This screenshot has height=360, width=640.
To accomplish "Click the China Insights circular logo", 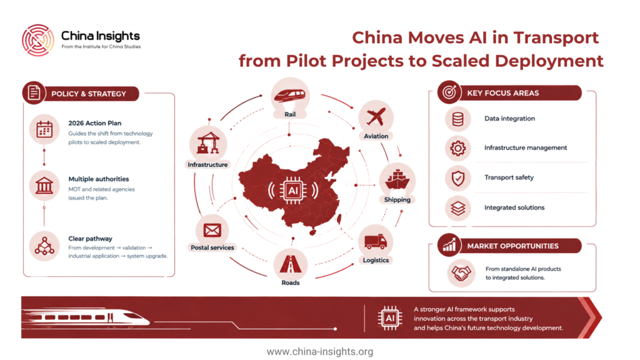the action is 38,40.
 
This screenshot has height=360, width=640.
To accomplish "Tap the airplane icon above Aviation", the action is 376,117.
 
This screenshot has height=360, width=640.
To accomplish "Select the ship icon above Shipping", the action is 397,179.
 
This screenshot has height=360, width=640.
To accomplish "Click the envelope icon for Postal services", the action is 212,230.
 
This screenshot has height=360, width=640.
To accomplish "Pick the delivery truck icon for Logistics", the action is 376,242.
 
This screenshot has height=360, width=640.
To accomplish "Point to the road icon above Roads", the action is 290,264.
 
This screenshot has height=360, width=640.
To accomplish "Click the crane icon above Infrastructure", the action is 208,143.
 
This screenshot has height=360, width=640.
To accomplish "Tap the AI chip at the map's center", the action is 293,190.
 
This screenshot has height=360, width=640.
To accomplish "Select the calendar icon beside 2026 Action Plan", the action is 44,129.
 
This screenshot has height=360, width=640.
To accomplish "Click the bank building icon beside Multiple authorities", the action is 44,185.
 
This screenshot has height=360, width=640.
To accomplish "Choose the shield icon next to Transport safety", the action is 458,178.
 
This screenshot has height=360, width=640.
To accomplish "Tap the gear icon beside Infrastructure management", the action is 457,148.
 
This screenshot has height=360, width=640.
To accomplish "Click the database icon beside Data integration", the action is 457,119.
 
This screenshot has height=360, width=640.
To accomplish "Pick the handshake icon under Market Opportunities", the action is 461,273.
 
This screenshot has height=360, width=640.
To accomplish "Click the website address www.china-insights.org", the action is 320,351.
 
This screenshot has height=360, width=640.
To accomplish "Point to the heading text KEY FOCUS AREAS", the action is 503,93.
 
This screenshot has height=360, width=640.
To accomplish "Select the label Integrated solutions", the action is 514,207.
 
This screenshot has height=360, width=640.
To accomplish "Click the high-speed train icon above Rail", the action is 290,96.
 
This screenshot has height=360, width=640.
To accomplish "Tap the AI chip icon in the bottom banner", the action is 390,318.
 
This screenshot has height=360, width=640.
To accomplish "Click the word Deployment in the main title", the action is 549,61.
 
